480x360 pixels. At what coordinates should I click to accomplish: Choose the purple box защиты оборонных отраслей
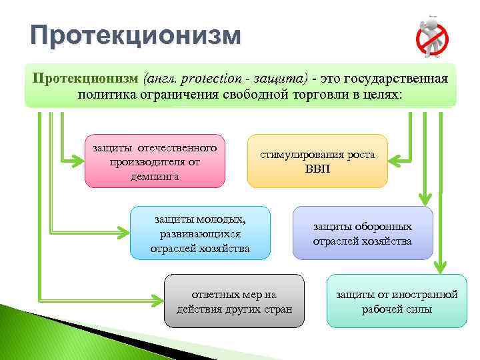point(362,233)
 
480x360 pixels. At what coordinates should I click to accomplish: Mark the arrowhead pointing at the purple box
point(424,199)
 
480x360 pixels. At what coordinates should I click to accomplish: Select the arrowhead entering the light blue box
point(121,233)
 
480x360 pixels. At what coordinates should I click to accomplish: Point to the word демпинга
point(155,177)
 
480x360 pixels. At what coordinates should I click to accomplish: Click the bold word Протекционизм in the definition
point(85,79)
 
